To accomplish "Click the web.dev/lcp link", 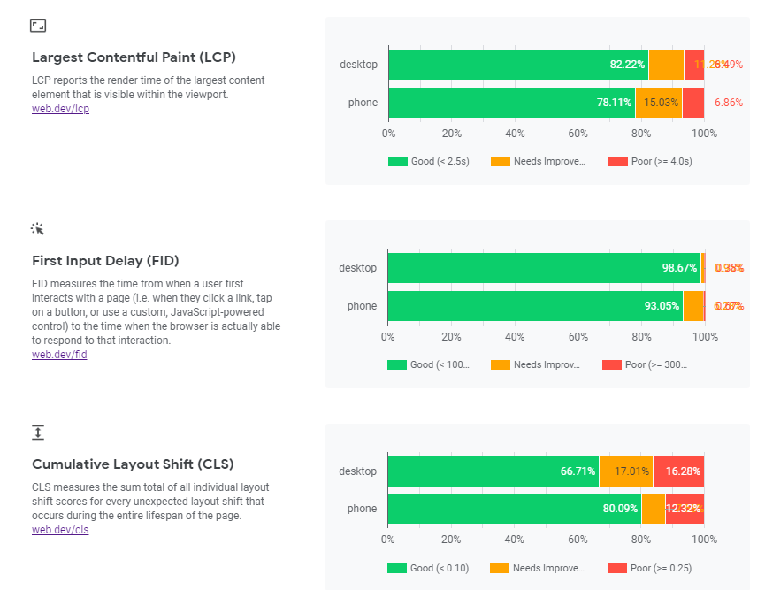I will [x=60, y=109].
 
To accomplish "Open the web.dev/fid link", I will [x=59, y=354].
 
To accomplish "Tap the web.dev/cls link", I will [x=60, y=530].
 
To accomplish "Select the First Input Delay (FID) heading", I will [x=105, y=261].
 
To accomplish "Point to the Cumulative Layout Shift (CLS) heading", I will [x=133, y=464].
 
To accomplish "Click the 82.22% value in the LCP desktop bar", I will [x=627, y=65].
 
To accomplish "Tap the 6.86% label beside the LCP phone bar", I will [x=729, y=103].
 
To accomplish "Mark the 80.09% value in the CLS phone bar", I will [x=619, y=509].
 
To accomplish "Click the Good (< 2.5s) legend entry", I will [x=428, y=161].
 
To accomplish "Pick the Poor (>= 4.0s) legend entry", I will [x=650, y=161].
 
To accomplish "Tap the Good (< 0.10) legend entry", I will [x=428, y=568].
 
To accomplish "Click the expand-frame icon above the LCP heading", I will [x=38, y=26].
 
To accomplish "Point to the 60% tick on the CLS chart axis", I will [x=578, y=539].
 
